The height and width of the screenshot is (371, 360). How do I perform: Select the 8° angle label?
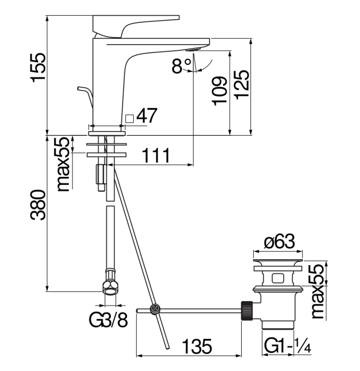[x=182, y=67]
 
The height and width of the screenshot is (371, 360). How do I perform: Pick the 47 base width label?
[x=147, y=116]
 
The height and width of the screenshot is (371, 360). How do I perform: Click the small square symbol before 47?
[x=129, y=117]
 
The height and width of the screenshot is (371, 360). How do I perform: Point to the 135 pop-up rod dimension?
[x=196, y=347]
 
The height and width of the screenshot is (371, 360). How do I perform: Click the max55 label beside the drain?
[x=319, y=292]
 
